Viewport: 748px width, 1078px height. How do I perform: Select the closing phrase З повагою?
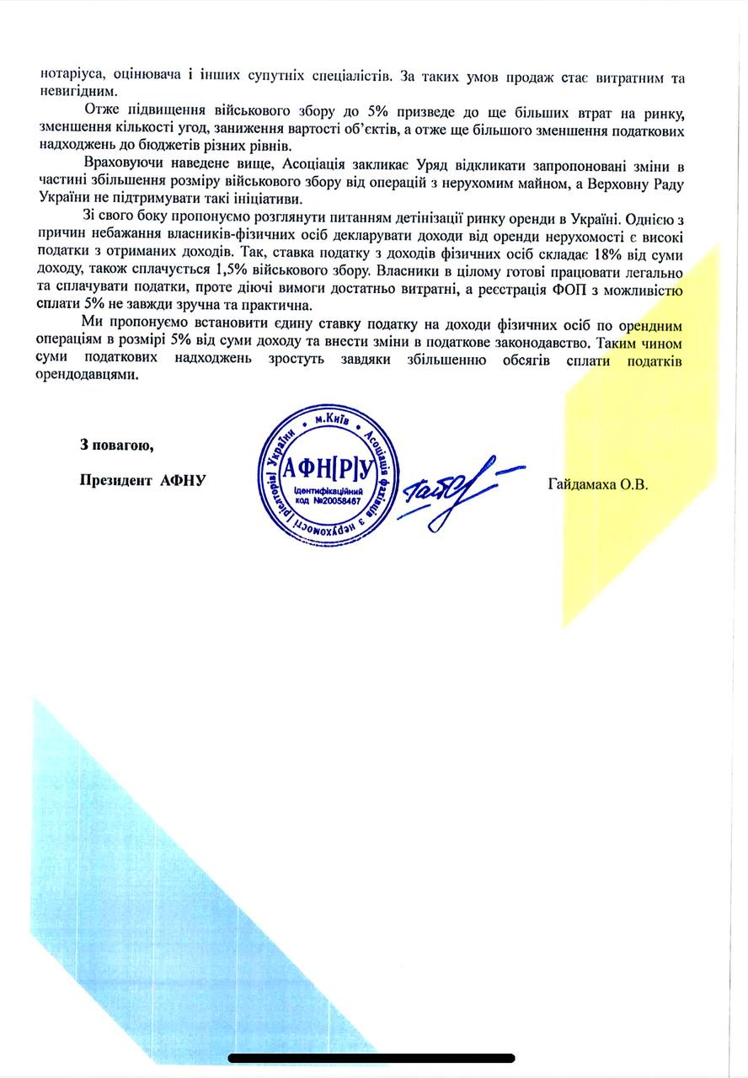pos(115,444)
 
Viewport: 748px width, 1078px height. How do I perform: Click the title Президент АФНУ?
pos(143,481)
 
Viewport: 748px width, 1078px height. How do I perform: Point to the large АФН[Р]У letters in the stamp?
pos(323,467)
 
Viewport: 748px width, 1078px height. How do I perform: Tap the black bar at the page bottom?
pos(371,1058)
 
